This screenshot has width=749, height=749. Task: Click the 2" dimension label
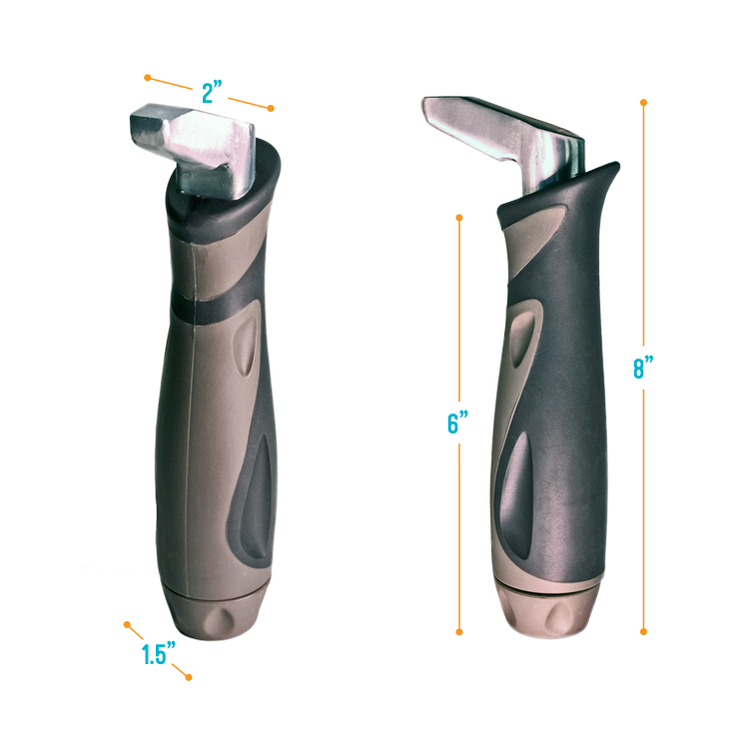pos(212,93)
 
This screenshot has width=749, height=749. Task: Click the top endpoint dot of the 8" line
pos(644,102)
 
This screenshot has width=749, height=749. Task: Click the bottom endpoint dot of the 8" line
pos(644,631)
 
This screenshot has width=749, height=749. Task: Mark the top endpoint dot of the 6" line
pos(459,216)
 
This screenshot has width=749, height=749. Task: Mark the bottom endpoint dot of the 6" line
pos(459,631)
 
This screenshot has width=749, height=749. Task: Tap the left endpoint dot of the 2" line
pos(147,77)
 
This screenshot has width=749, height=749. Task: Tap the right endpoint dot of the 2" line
pos(271,108)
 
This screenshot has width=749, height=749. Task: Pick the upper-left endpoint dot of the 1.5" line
pos(127,625)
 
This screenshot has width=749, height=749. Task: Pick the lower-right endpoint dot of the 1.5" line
pos(188,677)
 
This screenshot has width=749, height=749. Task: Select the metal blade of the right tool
pos(499,130)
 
